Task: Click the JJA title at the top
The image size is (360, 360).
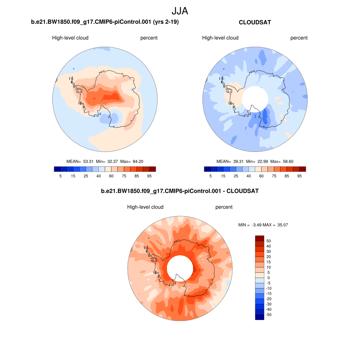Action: pyautogui.click(x=180, y=11)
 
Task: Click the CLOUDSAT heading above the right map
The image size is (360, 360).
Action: pyautogui.click(x=255, y=22)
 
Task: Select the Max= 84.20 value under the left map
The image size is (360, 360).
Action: pyautogui.click(x=132, y=161)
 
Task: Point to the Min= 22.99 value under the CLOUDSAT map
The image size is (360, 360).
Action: pyautogui.click(x=258, y=161)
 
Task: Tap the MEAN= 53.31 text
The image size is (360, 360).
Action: pyautogui.click(x=80, y=161)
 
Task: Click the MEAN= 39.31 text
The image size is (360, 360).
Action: pyautogui.click(x=230, y=161)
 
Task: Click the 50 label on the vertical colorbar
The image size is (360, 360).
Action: pyautogui.click(x=269, y=241)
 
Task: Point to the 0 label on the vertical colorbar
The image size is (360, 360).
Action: pyautogui.click(x=269, y=278)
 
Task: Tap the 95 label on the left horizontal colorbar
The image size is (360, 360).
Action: pyautogui.click(x=149, y=176)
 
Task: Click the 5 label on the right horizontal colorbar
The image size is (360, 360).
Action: pyautogui.click(x=211, y=176)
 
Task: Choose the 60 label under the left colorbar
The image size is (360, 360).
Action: pyautogui.click(x=111, y=176)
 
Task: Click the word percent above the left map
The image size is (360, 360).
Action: pyautogui.click(x=149, y=38)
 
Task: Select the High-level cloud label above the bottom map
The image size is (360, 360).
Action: pyautogui.click(x=145, y=207)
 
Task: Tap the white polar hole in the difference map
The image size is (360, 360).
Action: pyautogui.click(x=179, y=269)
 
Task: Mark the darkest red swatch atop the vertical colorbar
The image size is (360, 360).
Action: pyautogui.click(x=259, y=238)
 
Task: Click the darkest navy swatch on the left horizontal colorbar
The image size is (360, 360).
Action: pyautogui.click(x=57, y=169)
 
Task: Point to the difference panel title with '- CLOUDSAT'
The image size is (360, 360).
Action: pyautogui.click(x=180, y=191)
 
